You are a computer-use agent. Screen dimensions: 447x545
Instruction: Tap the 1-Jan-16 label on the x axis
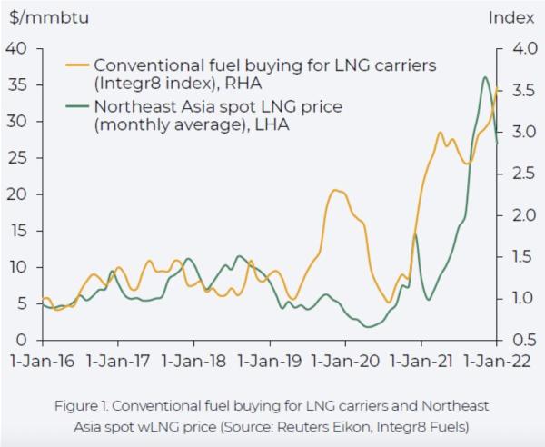click(41, 360)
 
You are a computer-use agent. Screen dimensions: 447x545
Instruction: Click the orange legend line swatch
click(77, 66)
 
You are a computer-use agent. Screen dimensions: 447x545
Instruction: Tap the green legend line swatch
click(77, 107)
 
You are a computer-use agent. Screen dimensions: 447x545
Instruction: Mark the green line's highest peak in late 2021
click(485, 77)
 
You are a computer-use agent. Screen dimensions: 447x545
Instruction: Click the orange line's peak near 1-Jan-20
click(336, 190)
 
